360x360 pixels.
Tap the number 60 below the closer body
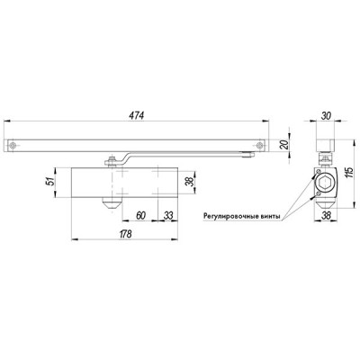(142, 216)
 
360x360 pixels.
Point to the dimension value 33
(169, 216)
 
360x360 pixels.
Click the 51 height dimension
(49, 184)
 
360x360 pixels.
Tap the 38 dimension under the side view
(325, 216)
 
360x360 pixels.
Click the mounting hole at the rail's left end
(13, 145)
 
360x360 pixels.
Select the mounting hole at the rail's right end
(262, 145)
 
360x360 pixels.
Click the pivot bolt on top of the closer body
(110, 162)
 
